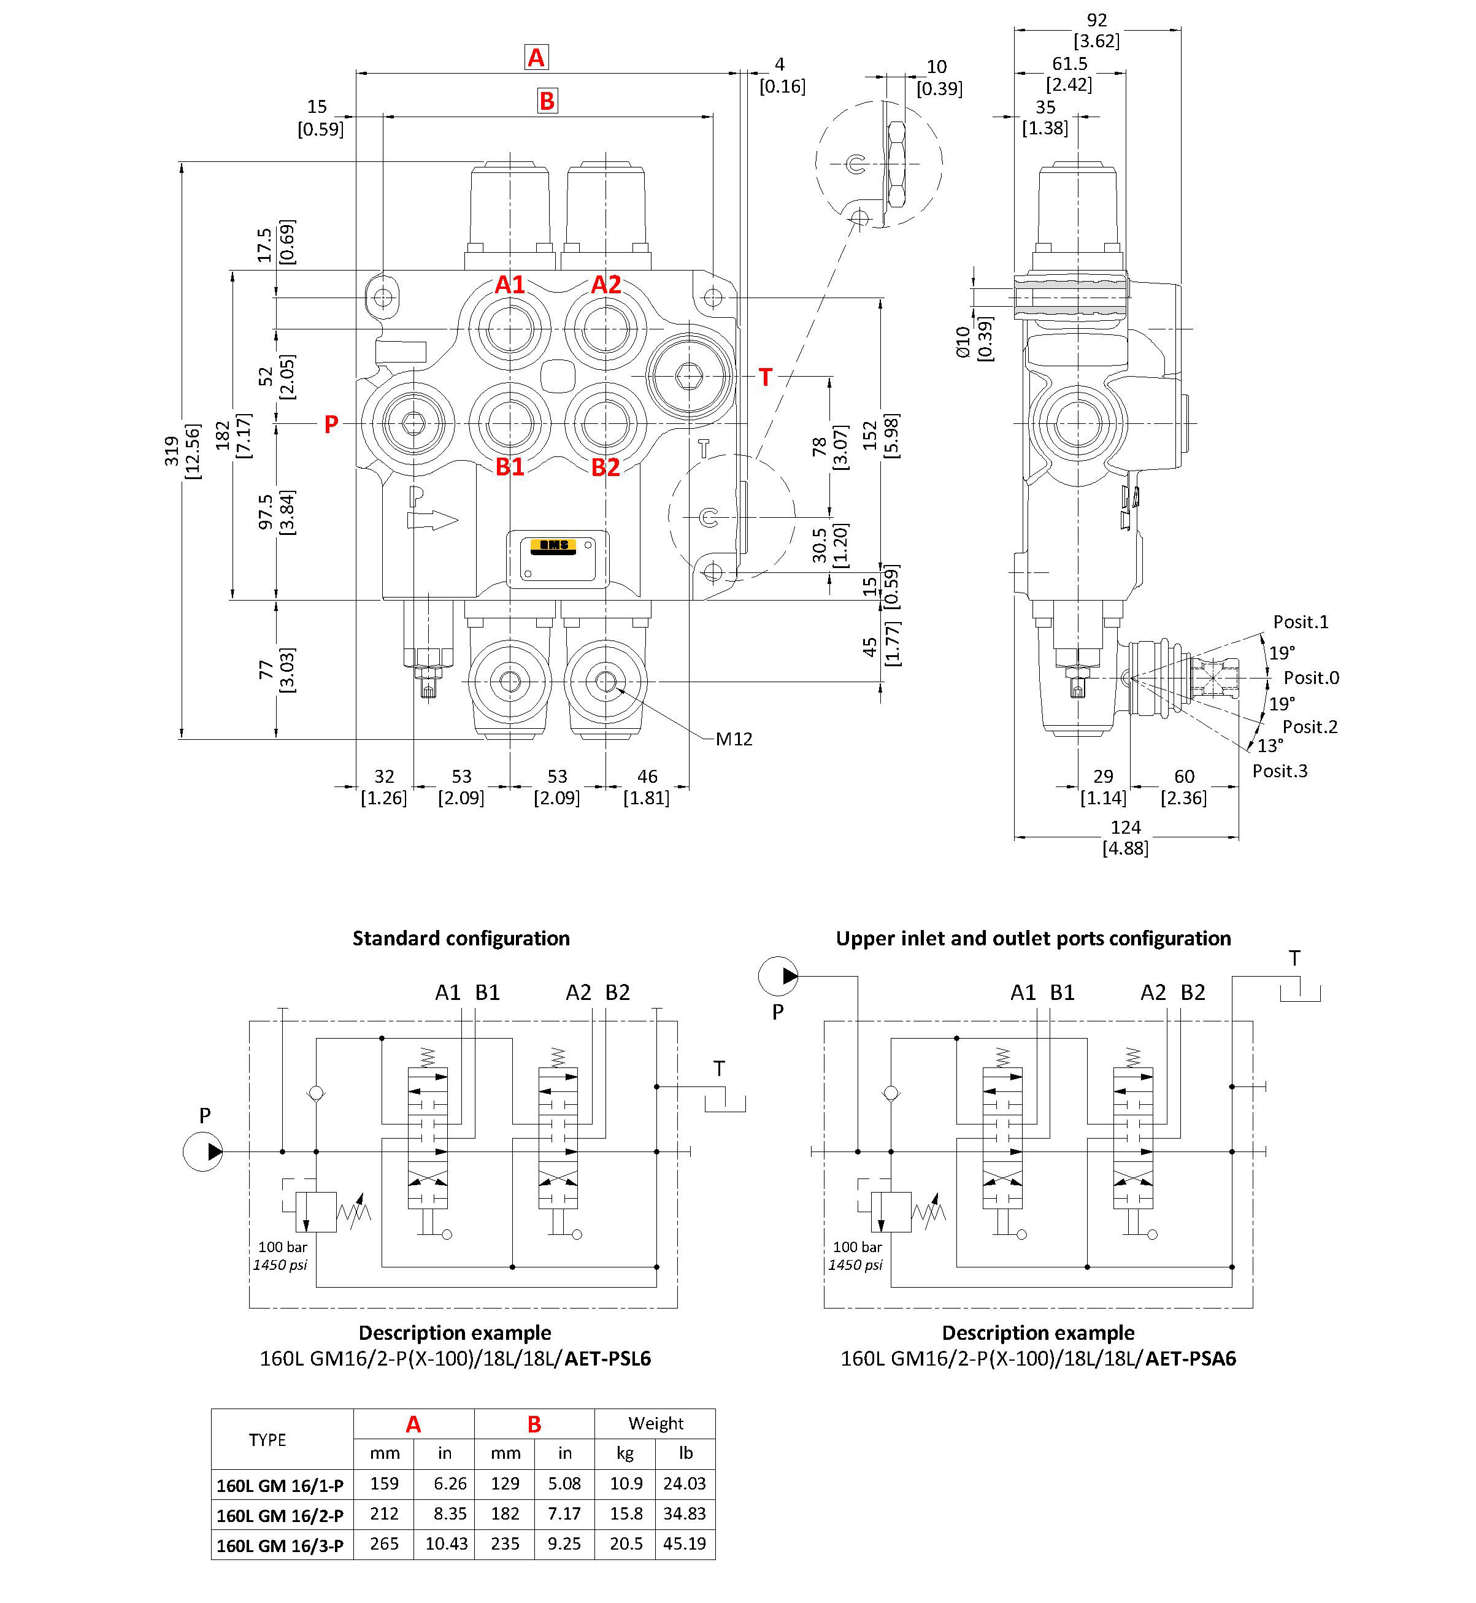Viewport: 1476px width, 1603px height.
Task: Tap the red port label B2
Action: pyautogui.click(x=605, y=467)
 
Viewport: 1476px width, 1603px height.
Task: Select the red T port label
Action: pyautogui.click(x=765, y=377)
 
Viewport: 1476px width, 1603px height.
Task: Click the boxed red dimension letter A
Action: pyautogui.click(x=536, y=58)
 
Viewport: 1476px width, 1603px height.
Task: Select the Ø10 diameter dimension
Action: pyautogui.click(x=963, y=341)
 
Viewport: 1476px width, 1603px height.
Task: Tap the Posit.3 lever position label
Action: pyautogui.click(x=1280, y=771)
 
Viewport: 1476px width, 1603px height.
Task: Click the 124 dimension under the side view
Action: pyautogui.click(x=1125, y=827)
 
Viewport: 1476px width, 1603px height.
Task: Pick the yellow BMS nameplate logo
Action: pyautogui.click(x=553, y=545)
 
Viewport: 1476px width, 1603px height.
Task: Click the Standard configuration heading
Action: pyautogui.click(x=461, y=939)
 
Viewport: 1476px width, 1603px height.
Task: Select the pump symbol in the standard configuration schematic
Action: pyautogui.click(x=203, y=1151)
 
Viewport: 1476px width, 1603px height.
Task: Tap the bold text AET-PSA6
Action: pyautogui.click(x=1190, y=1359)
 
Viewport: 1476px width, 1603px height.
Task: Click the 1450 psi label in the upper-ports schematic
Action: pyautogui.click(x=855, y=1265)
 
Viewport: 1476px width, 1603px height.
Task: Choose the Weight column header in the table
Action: pyautogui.click(x=655, y=1423)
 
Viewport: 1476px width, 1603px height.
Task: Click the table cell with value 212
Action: pyautogui.click(x=384, y=1513)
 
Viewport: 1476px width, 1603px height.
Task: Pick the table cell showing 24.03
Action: pyautogui.click(x=685, y=1484)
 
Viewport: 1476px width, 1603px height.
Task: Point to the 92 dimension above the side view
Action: pyautogui.click(x=1097, y=20)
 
